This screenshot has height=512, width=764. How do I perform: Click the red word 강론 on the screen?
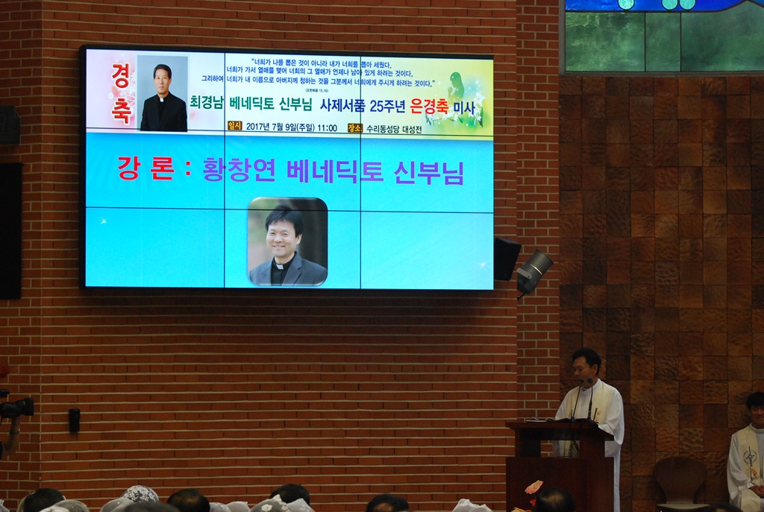coord(145,169)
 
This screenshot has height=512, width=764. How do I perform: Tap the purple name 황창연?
coord(237,171)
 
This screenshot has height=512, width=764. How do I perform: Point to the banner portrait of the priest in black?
coord(163,94)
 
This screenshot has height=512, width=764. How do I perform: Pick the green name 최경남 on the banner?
coord(207,103)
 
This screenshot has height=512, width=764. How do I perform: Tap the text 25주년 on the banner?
coord(386,106)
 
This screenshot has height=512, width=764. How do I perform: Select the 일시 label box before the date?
coord(235,127)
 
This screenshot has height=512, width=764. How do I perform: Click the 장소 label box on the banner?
coord(354,127)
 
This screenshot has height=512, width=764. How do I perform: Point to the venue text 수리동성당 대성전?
coord(394,128)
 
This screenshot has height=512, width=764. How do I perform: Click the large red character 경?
coord(120,76)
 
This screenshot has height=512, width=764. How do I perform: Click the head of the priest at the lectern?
coord(586,364)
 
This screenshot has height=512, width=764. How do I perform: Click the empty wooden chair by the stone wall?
coord(680,479)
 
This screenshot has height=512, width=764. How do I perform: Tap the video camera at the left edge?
coord(16,407)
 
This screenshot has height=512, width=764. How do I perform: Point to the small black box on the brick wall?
coord(74,420)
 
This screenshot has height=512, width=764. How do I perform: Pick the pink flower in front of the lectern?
coord(533,487)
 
